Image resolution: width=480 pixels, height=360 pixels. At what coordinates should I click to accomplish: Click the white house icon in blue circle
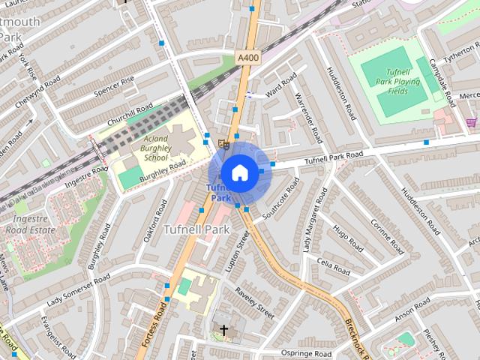pyautogui.click(x=239, y=172)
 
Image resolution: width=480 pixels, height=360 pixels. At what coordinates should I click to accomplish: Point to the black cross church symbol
pyautogui.click(x=223, y=329)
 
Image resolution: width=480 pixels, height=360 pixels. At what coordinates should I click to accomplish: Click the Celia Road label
pyautogui.click(x=334, y=265)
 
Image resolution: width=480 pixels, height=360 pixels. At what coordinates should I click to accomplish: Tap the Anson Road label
pyautogui.click(x=411, y=308)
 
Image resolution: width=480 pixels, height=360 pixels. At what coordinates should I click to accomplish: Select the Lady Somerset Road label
pyautogui.click(x=78, y=290)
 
